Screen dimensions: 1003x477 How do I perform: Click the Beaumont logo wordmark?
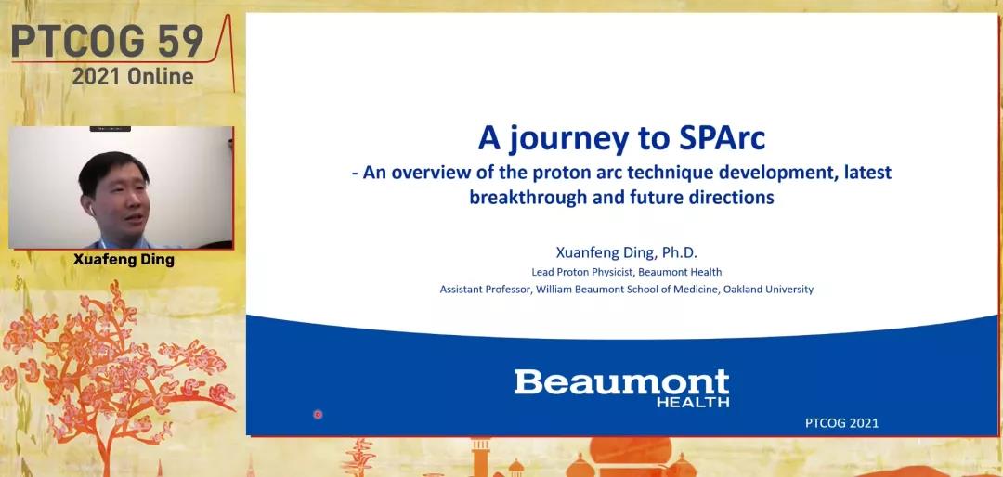point(621,382)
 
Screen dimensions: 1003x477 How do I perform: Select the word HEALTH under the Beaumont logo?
point(693,402)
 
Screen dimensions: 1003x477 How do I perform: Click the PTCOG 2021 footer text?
point(841,422)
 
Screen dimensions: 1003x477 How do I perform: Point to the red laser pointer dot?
point(318,414)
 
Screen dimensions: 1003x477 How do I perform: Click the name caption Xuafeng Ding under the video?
point(124,260)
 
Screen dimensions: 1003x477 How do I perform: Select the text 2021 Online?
point(133,77)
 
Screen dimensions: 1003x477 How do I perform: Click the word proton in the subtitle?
point(575,174)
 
